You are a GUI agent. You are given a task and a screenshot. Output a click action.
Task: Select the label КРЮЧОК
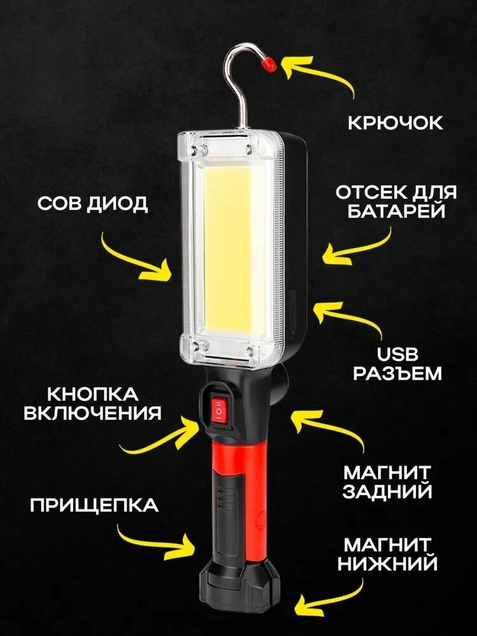(395, 122)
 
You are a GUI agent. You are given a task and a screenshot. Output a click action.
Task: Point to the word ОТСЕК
(370, 193)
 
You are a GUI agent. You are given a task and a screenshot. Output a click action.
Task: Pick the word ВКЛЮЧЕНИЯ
(92, 413)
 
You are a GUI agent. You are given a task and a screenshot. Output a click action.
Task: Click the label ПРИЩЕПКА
(93, 506)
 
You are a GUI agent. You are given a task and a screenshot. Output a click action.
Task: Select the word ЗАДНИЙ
(387, 491)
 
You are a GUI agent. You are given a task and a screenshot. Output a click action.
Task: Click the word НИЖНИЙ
(388, 563)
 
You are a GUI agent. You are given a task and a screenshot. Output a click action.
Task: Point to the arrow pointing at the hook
(318, 73)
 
